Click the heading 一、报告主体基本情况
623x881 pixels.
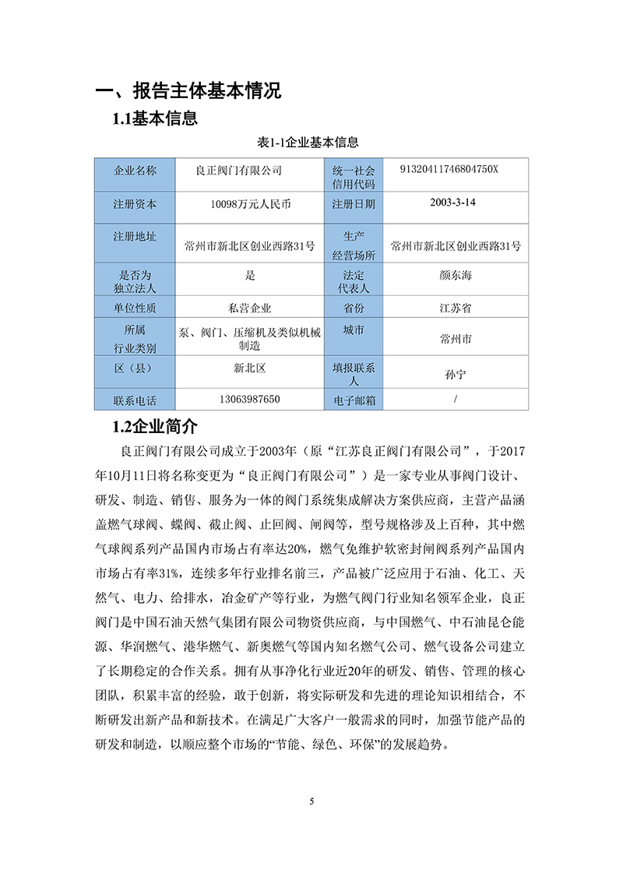(x=187, y=90)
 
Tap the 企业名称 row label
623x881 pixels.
(x=135, y=171)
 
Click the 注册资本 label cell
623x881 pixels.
(x=135, y=204)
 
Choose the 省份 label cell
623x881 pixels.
(x=354, y=308)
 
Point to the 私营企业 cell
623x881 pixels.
(x=244, y=308)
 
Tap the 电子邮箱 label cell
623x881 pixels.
(x=354, y=400)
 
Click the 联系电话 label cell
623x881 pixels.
(x=135, y=400)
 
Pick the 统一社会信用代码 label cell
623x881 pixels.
(x=354, y=177)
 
